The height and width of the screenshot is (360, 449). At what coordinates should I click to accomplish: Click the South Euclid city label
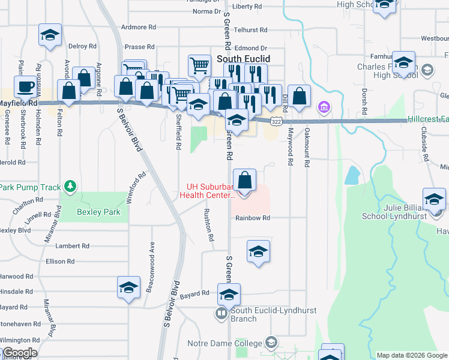(x=243, y=59)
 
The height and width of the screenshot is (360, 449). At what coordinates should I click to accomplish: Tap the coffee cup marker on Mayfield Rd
(x=26, y=86)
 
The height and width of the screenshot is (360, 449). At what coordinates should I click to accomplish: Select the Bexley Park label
(x=98, y=212)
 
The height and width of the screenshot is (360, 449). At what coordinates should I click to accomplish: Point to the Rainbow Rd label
(x=253, y=218)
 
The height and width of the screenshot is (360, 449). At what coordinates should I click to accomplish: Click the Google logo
(x=19, y=353)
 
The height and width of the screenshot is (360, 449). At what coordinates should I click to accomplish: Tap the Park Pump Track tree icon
(x=71, y=187)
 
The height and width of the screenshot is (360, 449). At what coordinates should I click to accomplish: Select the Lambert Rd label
(x=72, y=246)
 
